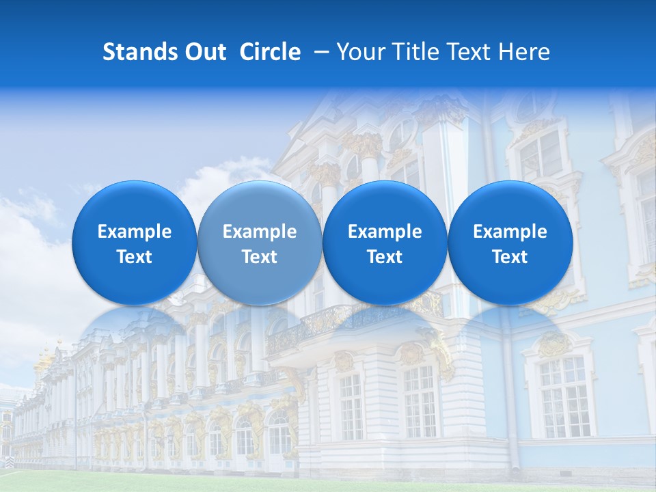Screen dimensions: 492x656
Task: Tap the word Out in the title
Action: coord(204,52)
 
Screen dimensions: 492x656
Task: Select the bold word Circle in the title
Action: coord(270,52)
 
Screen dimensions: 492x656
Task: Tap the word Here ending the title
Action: coord(525,52)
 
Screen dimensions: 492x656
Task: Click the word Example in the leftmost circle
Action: coord(134,232)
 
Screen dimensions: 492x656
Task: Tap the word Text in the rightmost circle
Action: coord(510,257)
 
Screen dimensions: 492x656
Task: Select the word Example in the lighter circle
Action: coord(260,232)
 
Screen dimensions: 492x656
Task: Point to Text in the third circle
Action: coord(385,257)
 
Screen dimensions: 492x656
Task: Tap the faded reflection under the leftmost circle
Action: coord(134,335)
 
